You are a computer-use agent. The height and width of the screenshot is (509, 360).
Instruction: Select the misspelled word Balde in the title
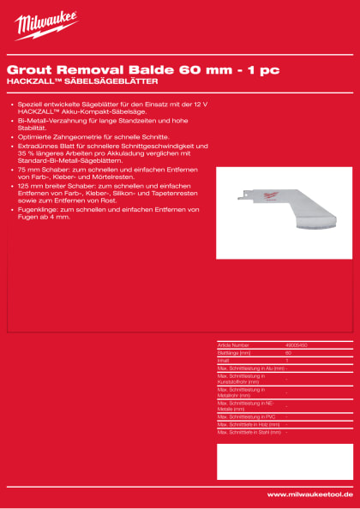[x=140, y=69]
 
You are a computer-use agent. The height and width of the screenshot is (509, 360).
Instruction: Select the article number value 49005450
[x=297, y=344]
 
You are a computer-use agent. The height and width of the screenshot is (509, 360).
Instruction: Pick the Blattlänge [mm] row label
[x=234, y=352]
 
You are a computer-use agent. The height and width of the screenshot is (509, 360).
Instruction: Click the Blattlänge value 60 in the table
[x=288, y=352]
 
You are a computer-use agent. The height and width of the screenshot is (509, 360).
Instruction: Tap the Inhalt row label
[x=224, y=360]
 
